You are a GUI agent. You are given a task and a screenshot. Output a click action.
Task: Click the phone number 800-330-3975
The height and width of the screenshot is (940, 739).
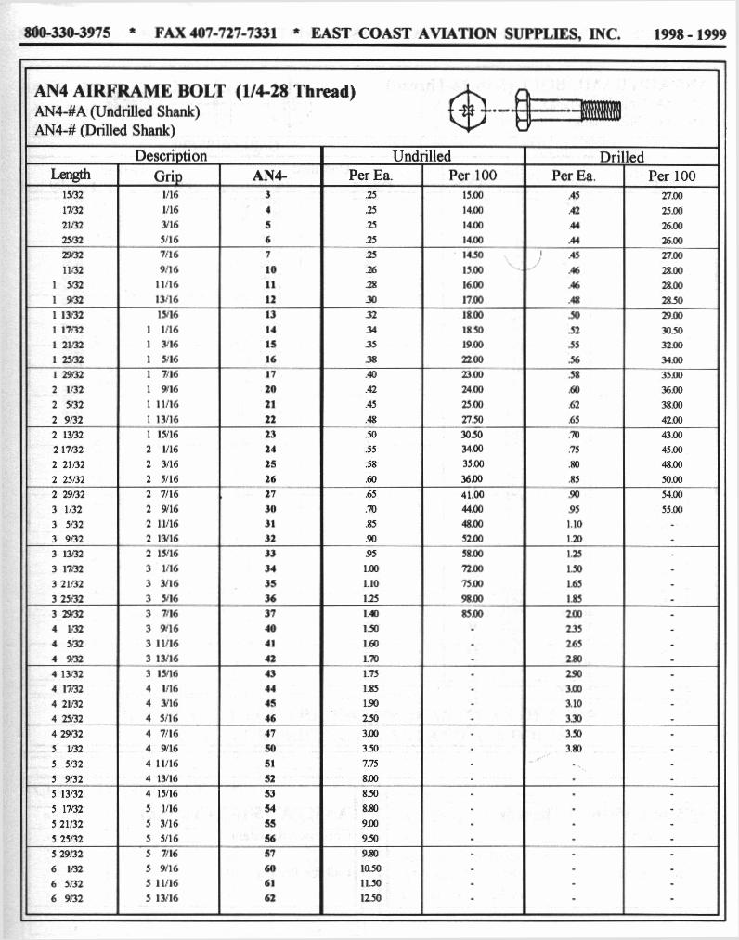pyautogui.click(x=67, y=33)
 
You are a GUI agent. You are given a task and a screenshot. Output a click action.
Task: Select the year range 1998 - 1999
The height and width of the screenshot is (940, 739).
pyautogui.click(x=689, y=34)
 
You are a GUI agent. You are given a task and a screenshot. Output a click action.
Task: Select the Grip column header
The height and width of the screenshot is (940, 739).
pyautogui.click(x=168, y=176)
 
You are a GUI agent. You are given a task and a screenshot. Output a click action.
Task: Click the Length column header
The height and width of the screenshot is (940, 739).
pyautogui.click(x=71, y=176)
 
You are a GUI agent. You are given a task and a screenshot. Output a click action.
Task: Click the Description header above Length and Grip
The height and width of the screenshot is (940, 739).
pyautogui.click(x=171, y=157)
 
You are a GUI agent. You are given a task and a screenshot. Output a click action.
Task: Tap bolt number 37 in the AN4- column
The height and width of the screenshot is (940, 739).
pyautogui.click(x=269, y=614)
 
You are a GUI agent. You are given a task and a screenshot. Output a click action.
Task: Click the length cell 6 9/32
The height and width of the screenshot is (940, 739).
pyautogui.click(x=69, y=898)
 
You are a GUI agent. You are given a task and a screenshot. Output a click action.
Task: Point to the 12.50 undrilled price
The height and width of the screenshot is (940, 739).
pyautogui.click(x=370, y=898)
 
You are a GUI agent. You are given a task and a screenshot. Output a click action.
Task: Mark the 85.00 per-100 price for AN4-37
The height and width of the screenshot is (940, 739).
pyautogui.click(x=473, y=614)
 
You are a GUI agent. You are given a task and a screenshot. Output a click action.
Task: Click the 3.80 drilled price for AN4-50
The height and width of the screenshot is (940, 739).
pyautogui.click(x=573, y=748)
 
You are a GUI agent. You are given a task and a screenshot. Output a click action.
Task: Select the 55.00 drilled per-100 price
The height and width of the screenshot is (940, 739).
pyautogui.click(x=671, y=509)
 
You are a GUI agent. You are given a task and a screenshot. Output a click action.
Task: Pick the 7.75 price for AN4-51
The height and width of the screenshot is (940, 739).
pyautogui.click(x=370, y=764)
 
